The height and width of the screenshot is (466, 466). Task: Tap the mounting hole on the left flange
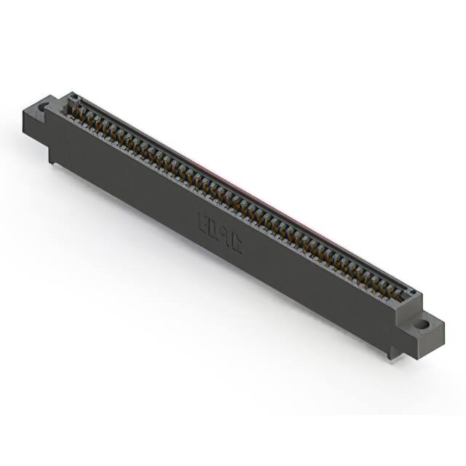[42, 107]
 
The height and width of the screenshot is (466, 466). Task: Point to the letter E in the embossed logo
[205, 220]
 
